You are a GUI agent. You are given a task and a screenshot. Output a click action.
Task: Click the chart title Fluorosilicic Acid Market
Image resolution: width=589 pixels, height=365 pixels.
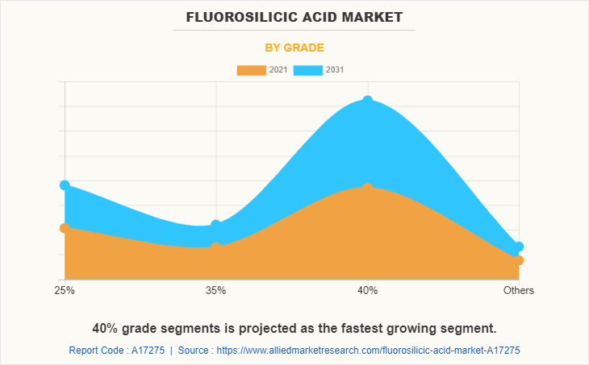294,17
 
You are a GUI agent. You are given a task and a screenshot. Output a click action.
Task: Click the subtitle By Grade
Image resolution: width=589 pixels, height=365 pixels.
294,48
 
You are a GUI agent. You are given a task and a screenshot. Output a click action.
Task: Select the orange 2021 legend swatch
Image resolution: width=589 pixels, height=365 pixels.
250,70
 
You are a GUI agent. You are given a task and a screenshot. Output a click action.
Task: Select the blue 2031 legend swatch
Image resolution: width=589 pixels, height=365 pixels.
307,70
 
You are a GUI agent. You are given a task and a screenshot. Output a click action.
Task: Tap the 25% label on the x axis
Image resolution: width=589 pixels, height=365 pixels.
65,290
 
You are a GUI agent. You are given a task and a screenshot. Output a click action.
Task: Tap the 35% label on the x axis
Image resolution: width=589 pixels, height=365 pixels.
215,290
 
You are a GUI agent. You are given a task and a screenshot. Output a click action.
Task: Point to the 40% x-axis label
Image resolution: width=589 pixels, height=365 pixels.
368,290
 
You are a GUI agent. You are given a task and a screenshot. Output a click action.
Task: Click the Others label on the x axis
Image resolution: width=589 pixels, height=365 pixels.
518,290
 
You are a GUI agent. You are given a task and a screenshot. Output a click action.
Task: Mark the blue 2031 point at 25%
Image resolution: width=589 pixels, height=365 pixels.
65,185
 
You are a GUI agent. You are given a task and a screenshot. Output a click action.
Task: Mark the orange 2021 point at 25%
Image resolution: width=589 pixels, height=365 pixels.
65,228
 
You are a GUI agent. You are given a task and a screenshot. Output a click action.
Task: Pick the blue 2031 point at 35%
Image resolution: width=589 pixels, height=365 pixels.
215,226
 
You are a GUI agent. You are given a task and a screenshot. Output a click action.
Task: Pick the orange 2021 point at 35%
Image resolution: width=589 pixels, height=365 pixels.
215,247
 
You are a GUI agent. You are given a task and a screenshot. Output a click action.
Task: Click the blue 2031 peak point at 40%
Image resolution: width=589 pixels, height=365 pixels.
368,101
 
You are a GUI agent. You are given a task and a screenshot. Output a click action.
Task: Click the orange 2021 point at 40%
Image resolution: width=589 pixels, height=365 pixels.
368,188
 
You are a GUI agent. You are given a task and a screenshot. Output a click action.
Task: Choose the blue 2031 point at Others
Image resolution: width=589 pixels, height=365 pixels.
519,247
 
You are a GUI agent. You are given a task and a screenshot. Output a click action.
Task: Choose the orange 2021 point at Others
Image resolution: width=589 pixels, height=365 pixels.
519,260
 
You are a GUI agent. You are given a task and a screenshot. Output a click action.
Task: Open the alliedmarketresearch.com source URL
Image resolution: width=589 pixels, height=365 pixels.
368,350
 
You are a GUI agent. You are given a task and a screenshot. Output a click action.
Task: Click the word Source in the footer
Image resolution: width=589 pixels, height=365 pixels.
193,350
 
